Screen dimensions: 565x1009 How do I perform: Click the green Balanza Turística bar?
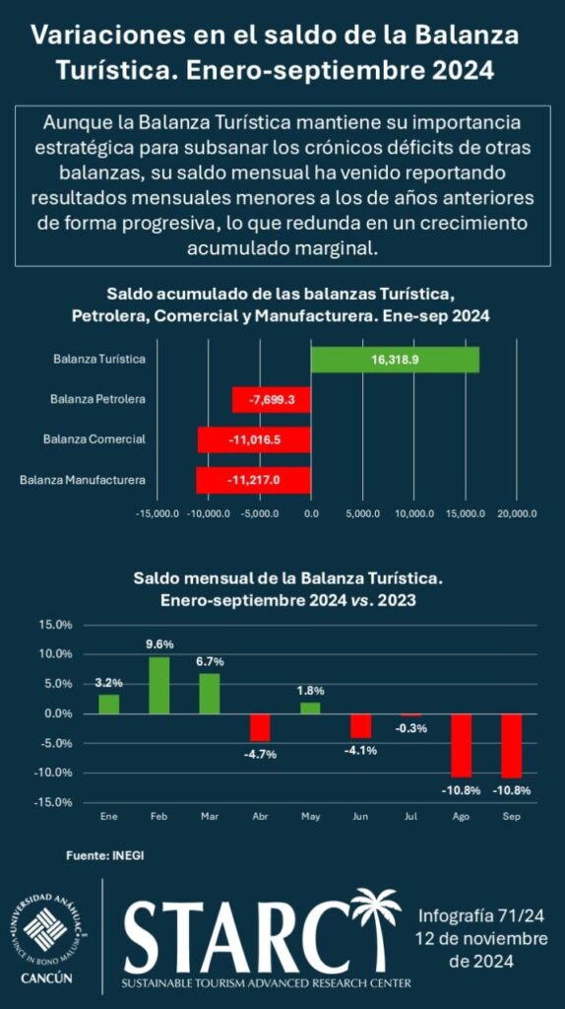coord(395,359)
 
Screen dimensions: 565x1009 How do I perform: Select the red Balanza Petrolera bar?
coord(272,400)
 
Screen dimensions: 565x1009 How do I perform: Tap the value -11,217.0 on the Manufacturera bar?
coord(254,480)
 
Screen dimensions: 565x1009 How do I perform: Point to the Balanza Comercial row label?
coord(94,439)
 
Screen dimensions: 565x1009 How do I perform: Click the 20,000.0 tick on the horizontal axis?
coord(517,514)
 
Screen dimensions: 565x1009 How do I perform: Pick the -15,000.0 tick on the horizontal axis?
coord(157,514)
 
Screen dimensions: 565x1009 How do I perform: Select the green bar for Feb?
coord(158,685)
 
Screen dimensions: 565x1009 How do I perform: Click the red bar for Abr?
coord(260,727)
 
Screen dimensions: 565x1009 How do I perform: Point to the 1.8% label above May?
coord(310,691)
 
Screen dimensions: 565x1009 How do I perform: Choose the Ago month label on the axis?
coord(461,816)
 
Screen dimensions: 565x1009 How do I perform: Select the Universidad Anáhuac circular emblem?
coord(46,931)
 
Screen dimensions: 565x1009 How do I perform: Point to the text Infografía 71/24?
coord(482,915)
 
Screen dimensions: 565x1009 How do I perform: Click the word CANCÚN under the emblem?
coord(46,980)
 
